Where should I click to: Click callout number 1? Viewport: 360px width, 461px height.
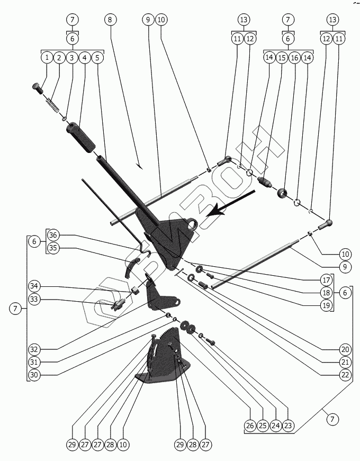[x=48, y=57]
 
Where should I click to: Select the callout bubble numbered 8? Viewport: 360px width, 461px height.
[x=110, y=20]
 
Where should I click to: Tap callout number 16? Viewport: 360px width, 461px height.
[x=295, y=57]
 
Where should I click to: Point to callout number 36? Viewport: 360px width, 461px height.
[x=53, y=235]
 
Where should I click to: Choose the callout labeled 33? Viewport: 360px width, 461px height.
[x=35, y=300]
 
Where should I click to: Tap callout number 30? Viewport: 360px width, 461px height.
[x=35, y=374]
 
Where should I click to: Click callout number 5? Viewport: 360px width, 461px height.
[x=97, y=57]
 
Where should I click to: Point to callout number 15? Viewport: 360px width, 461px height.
[x=282, y=57]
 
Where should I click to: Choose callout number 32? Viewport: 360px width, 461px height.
[x=35, y=349]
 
